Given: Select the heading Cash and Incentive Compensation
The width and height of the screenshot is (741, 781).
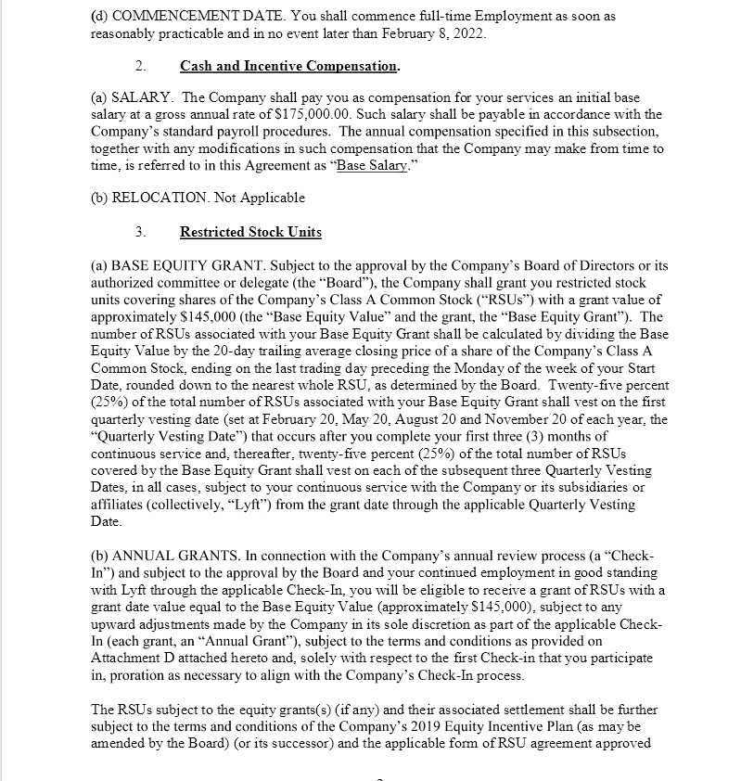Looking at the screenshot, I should pos(288,66).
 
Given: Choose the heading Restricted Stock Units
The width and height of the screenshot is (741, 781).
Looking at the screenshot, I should pos(250,231).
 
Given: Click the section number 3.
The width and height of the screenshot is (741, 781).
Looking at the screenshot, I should pos(140,231).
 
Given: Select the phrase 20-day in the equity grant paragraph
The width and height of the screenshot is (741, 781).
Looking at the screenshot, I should pos(261,351).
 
